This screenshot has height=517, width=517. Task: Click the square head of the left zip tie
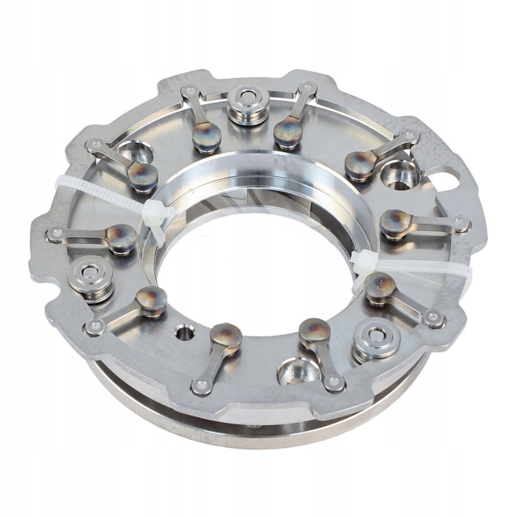153,214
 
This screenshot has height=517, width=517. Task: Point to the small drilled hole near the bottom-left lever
185,332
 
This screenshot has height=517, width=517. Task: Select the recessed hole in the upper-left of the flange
134,153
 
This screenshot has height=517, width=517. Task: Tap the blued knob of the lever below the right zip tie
379,287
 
